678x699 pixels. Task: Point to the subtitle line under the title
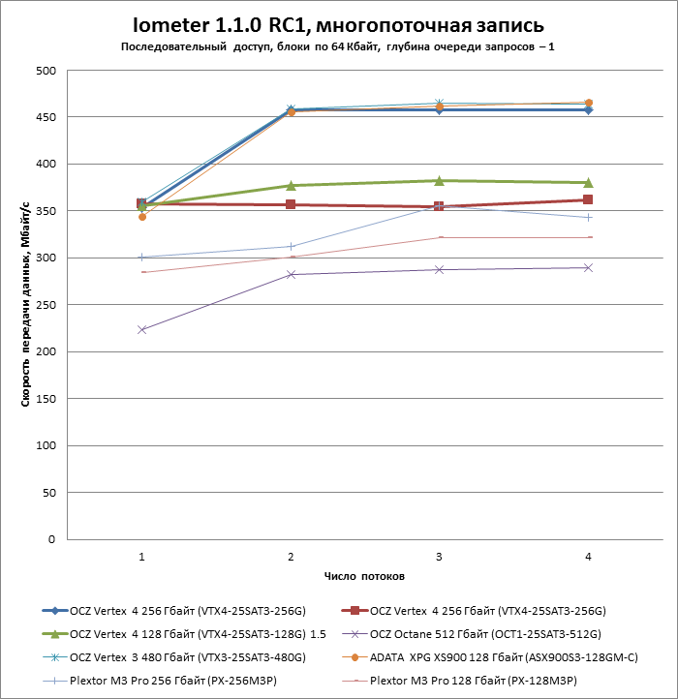pyautogui.click(x=339, y=46)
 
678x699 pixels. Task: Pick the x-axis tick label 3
pyautogui.click(x=439, y=557)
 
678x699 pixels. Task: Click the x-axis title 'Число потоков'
pyautogui.click(x=364, y=576)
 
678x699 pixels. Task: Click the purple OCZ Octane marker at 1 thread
pyautogui.click(x=142, y=330)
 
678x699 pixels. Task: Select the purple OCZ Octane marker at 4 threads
pyautogui.click(x=588, y=267)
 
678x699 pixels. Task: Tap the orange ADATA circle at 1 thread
pyautogui.click(x=142, y=217)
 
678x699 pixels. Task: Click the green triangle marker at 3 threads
pyautogui.click(x=439, y=180)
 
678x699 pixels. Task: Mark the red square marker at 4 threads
pyautogui.click(x=588, y=200)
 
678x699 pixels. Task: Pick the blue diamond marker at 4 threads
pyautogui.click(x=588, y=110)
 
